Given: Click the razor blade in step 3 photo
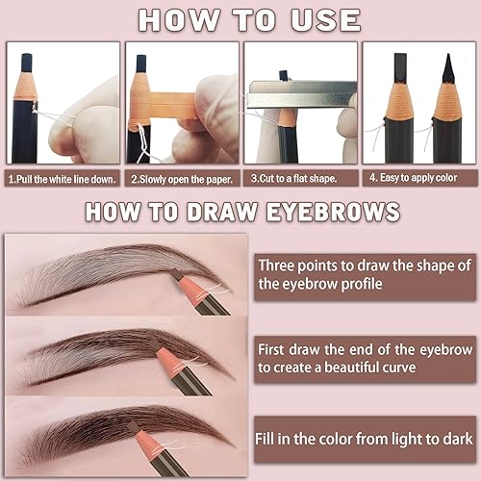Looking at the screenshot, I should click(298, 96).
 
